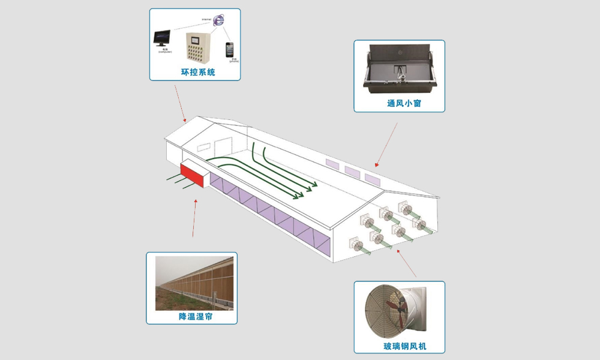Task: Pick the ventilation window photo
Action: click(399, 69)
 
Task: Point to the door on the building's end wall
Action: click(222, 148)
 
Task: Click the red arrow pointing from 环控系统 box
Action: click(180, 102)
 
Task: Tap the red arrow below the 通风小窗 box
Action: click(385, 145)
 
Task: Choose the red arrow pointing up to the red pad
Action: click(195, 216)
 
